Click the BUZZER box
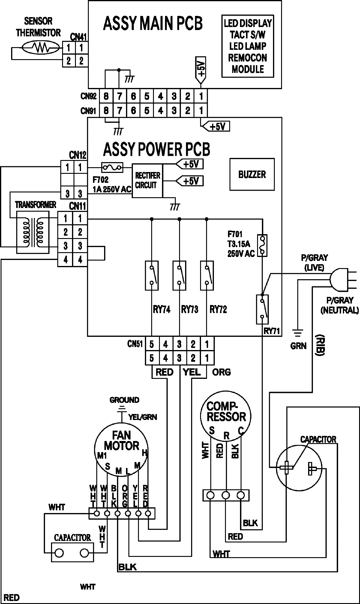point(252,174)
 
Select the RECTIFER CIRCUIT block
point(148,180)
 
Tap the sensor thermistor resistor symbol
point(40,47)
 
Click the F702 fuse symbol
point(112,168)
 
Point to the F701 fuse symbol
point(262,245)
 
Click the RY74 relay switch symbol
point(152,275)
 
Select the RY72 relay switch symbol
point(207,275)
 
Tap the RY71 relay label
point(271,331)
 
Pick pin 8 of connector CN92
point(106,96)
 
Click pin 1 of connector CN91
point(201,111)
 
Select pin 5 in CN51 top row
point(152,344)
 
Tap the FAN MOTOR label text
point(122,440)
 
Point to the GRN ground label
point(298,346)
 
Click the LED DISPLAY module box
point(247,46)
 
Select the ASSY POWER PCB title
point(156,149)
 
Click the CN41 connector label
point(79,37)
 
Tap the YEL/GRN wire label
point(142,417)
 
